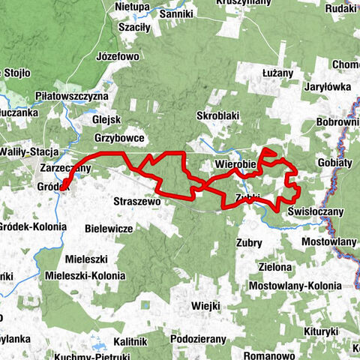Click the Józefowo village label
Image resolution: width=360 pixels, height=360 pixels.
coord(118,56)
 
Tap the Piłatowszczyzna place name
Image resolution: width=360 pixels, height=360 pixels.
coord(72,97)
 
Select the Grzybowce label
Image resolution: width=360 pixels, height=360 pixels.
coord(119,138)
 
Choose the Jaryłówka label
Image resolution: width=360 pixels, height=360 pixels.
coord(328,87)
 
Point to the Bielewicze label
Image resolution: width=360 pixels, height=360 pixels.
coord(109,227)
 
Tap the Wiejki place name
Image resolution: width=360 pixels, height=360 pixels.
coord(205,305)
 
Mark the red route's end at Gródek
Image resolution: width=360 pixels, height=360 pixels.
coord(63,188)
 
